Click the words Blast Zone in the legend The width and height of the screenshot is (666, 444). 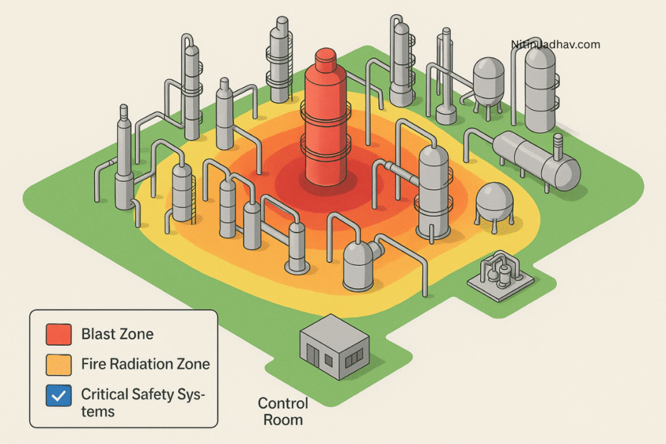tap(118, 335)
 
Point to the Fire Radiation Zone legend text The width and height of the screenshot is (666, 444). tap(146, 364)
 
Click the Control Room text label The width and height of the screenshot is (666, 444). tap(283, 411)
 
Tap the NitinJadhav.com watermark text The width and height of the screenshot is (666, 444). tap(555, 45)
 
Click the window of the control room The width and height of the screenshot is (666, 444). tap(355, 357)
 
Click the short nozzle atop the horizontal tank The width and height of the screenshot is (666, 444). tap(557, 142)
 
